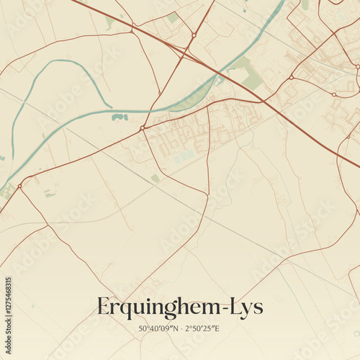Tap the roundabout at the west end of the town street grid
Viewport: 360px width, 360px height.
coord(143,128)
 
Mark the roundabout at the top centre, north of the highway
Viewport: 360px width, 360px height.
coord(194,35)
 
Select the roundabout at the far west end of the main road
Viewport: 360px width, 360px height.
coord(19,186)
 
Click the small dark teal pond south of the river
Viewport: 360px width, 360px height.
coord(120,117)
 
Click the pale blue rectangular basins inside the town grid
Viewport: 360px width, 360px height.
coord(184,154)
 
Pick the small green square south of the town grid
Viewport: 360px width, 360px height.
coord(155,178)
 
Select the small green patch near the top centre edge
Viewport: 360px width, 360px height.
coord(173,17)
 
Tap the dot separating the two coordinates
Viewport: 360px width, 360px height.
coord(181,329)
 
